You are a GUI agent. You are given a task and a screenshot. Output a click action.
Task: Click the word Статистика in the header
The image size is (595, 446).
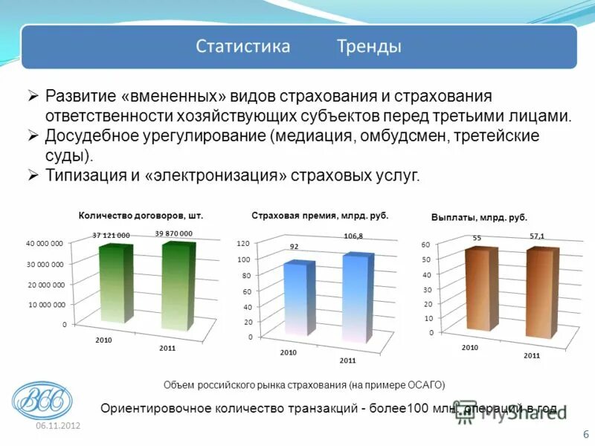tap(242, 46)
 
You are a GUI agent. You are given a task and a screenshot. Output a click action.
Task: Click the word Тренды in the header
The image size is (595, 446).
tap(369, 46)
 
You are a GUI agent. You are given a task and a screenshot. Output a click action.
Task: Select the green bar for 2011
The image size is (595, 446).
tap(176, 286)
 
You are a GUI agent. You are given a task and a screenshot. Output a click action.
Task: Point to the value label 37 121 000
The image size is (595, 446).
tap(111, 235)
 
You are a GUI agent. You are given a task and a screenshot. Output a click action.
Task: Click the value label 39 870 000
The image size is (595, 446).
tap(173, 233)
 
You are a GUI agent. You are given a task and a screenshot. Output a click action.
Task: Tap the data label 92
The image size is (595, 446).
tap(295, 246)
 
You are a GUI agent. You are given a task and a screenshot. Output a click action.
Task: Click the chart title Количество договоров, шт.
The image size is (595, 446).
tap(141, 215)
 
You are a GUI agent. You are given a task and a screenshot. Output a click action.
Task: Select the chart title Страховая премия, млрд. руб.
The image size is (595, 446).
tap(320, 215)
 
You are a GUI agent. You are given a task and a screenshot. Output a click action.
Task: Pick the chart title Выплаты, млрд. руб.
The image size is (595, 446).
tap(479, 218)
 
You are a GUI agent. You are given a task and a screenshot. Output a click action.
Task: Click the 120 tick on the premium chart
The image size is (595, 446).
tap(242, 244)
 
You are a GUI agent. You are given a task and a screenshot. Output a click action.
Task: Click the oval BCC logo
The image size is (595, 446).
tap(42, 401)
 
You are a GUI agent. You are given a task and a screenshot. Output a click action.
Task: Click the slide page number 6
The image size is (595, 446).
tap(585, 434)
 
